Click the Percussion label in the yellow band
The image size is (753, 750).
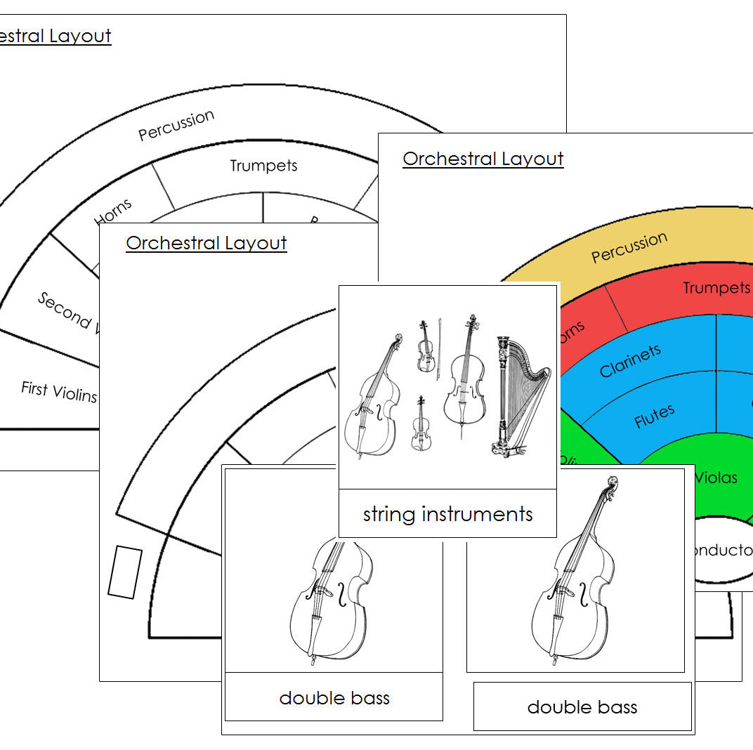point(629,248)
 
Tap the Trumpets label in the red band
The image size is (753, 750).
point(716,288)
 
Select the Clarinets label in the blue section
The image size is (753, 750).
point(630,361)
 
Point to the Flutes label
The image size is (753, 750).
point(654,416)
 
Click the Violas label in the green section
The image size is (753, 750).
point(716,478)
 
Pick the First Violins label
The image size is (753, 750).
point(59,391)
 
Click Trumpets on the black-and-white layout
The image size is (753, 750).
point(263,166)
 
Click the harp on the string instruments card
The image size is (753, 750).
point(513,397)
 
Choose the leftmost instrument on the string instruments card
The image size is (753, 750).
point(372,397)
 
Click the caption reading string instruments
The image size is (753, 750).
point(447,514)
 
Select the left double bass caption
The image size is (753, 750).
point(334,697)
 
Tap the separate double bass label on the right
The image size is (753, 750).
point(582,707)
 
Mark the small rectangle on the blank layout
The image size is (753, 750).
point(125,572)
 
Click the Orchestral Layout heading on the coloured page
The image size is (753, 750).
point(483,159)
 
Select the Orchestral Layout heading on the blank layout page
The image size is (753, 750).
point(207,243)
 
